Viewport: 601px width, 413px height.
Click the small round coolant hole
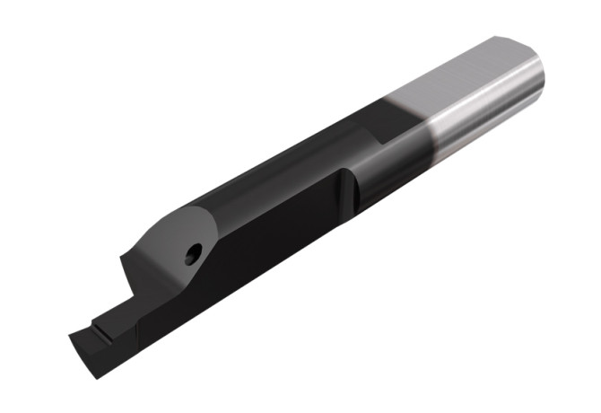190,256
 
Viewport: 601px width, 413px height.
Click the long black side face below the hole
260,269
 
